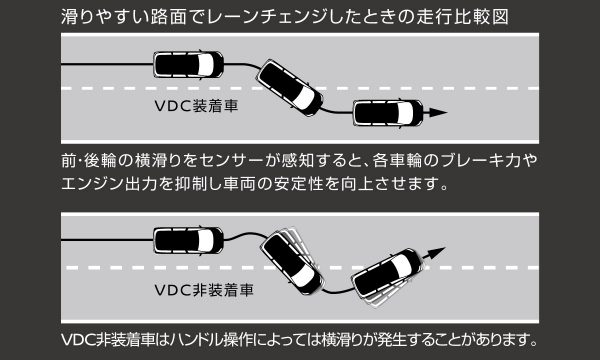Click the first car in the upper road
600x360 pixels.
point(187,67)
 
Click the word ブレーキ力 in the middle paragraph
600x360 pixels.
point(481,161)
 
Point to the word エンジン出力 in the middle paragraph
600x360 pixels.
point(110,185)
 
